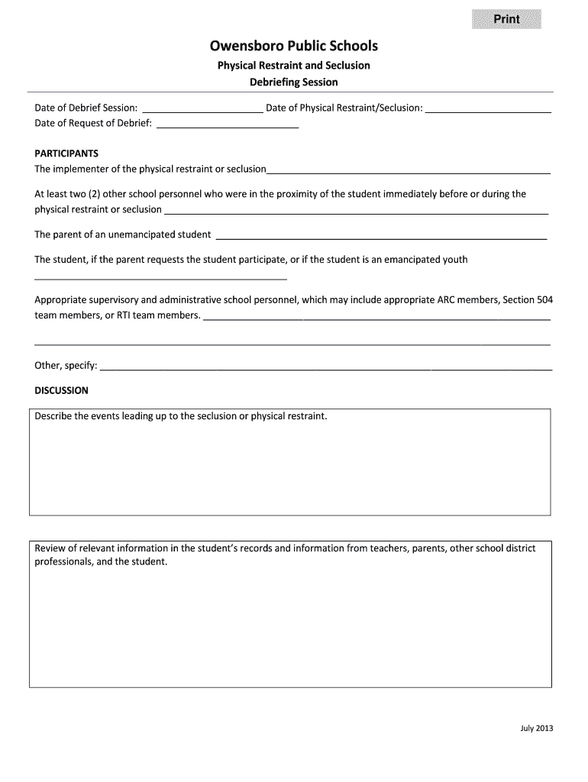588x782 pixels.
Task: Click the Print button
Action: coord(506,19)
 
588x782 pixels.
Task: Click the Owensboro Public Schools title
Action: coord(294,47)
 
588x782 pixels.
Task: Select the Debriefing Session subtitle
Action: coord(294,82)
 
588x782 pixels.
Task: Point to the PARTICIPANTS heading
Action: coord(66,153)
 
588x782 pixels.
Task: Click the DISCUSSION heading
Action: coord(62,390)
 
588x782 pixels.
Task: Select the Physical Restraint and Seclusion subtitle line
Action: coord(294,65)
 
